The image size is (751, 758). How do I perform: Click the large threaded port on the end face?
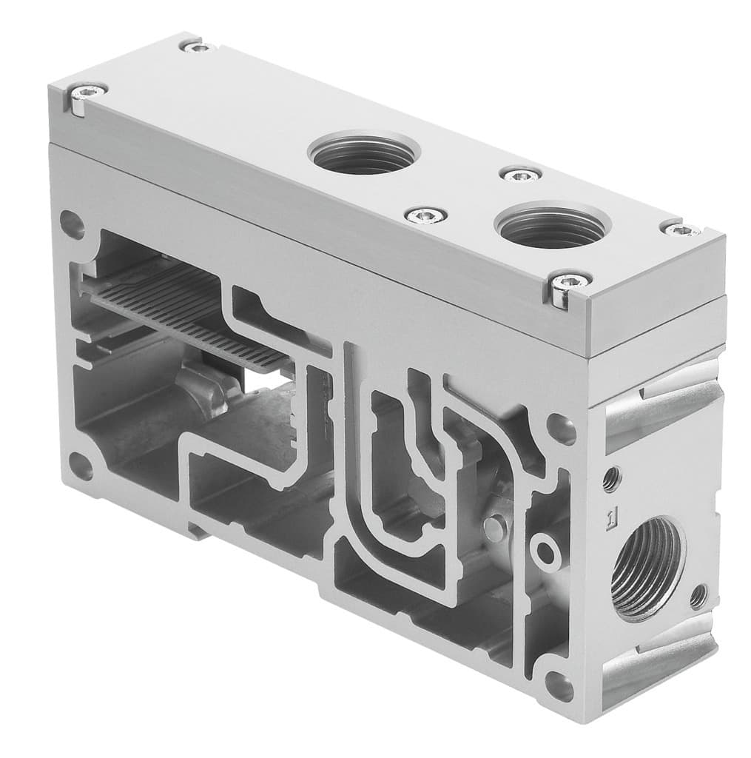pos(647,568)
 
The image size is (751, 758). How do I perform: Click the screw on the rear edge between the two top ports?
pos(520,175)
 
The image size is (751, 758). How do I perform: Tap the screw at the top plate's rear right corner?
pos(681,229)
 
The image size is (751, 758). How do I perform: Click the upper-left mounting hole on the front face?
pos(72,222)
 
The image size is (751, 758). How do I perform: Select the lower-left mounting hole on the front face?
pos(81,467)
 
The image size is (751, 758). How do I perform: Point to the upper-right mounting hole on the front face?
pos(560,429)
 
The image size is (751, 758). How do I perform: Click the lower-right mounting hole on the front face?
pos(559,686)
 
